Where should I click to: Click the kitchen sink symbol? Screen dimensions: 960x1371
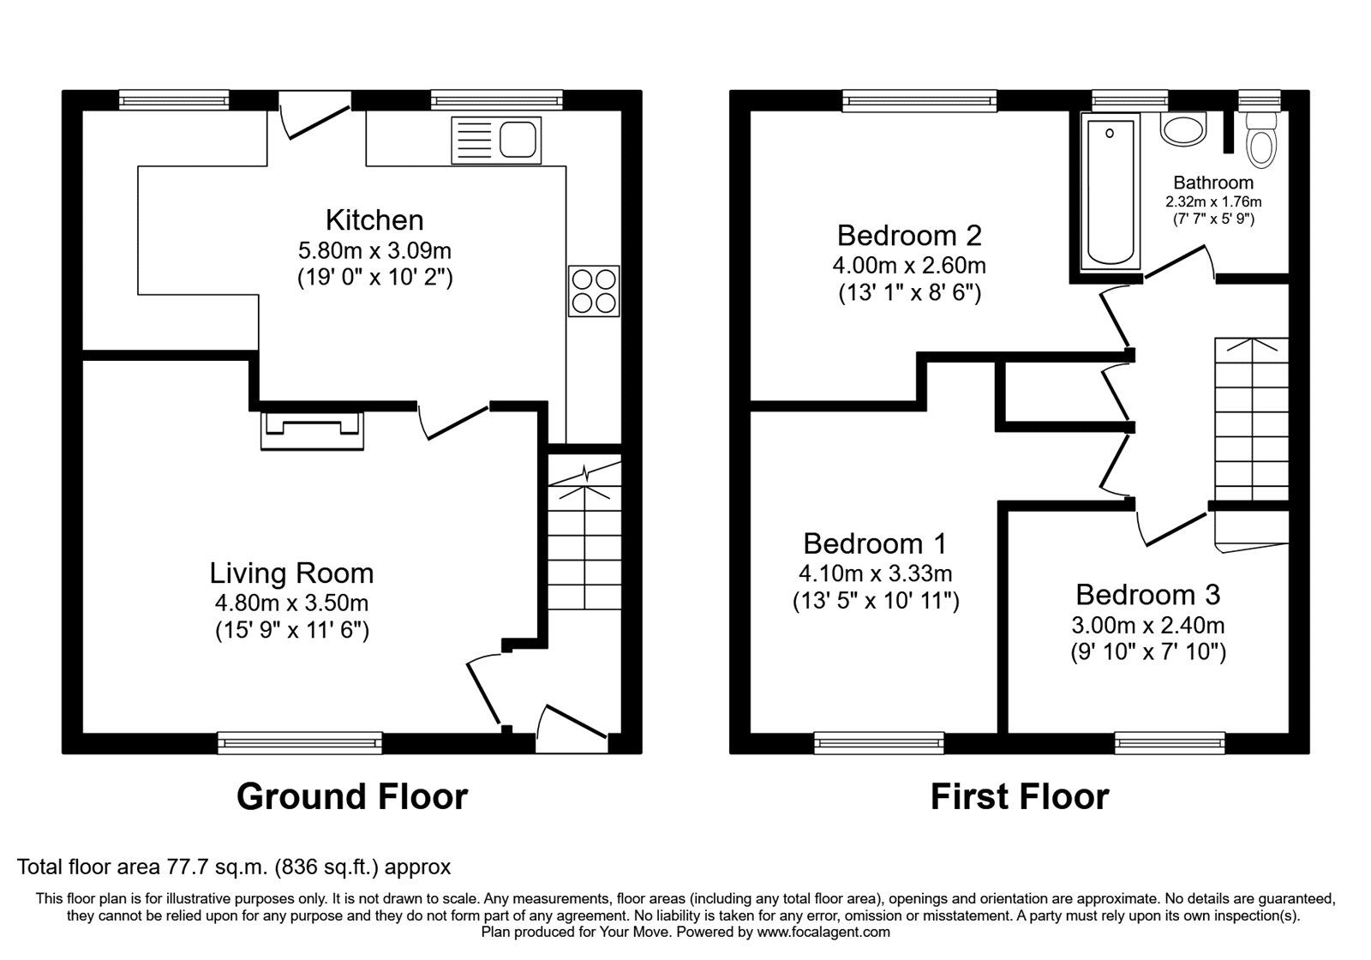pyautogui.click(x=496, y=140)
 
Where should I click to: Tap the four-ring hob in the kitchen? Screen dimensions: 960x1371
pyautogui.click(x=593, y=291)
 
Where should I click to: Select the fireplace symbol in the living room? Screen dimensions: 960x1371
pyautogui.click(x=313, y=429)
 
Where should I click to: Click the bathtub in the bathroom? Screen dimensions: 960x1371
pyautogui.click(x=1110, y=194)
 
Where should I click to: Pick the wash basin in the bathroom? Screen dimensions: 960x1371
pyautogui.click(x=1182, y=131)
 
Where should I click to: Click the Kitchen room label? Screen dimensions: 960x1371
pyautogui.click(x=374, y=220)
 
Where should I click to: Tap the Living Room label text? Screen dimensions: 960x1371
pyautogui.click(x=291, y=573)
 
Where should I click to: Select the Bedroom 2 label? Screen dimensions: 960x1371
pyautogui.click(x=909, y=235)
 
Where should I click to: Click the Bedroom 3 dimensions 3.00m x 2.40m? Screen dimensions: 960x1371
pyautogui.click(x=1147, y=625)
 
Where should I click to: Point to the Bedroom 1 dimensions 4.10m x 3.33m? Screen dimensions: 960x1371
pyautogui.click(x=875, y=573)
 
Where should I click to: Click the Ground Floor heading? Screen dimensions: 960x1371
pyautogui.click(x=351, y=796)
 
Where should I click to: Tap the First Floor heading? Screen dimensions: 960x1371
pyautogui.click(x=1019, y=796)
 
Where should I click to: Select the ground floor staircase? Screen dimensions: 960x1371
pyautogui.click(x=584, y=540)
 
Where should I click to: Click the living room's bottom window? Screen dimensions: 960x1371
pyautogui.click(x=299, y=742)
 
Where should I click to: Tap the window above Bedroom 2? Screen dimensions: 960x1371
pyautogui.click(x=919, y=101)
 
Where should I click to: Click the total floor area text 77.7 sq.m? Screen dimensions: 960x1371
pyautogui.click(x=233, y=867)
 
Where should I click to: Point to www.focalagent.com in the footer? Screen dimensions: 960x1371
pyautogui.click(x=823, y=932)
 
